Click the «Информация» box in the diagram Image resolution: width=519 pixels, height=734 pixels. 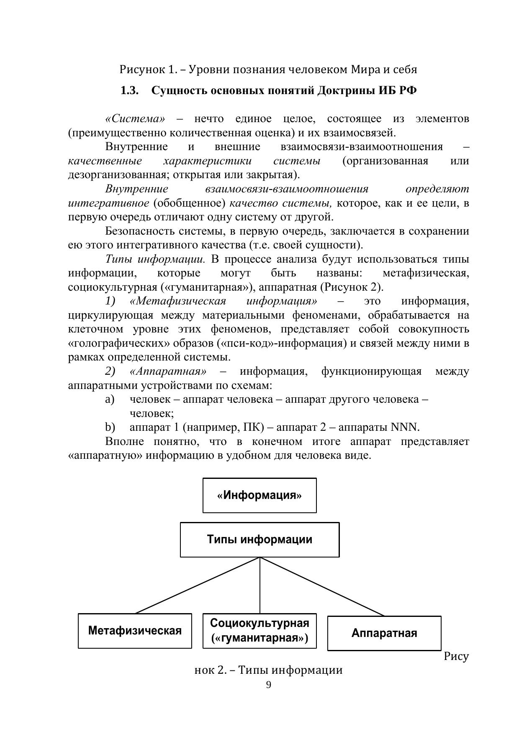pyautogui.click(x=259, y=496)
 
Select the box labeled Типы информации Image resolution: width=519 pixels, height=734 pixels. pyautogui.click(x=259, y=540)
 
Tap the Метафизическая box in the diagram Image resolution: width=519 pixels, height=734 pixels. pyautogui.click(x=135, y=631)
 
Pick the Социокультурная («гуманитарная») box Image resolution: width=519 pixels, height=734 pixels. pyautogui.click(x=259, y=631)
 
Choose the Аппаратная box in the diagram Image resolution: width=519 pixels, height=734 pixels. pyautogui.click(x=384, y=633)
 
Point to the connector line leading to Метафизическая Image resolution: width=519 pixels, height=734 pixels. pyautogui.click(x=197, y=586)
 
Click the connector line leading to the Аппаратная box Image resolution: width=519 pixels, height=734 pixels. pyautogui.click(x=322, y=586)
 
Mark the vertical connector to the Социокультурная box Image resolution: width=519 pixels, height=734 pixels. pyautogui.click(x=260, y=586)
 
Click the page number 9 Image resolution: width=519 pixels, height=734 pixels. pyautogui.click(x=268, y=685)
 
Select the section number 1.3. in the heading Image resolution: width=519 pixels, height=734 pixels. pyautogui.click(x=129, y=91)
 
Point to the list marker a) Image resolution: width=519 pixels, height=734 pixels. pyautogui.click(x=110, y=399)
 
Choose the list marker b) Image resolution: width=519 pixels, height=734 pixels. pyautogui.click(x=110, y=427)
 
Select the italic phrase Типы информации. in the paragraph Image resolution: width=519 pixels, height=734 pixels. pyautogui.click(x=155, y=259)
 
